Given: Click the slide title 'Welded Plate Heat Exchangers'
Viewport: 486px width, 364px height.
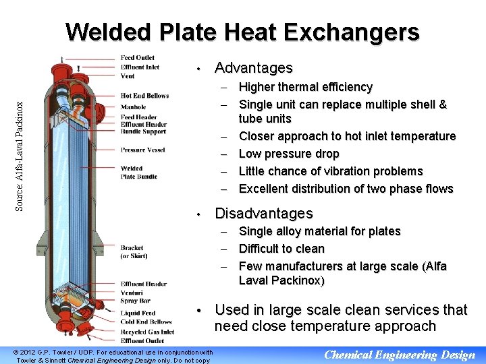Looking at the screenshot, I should [x=243, y=32].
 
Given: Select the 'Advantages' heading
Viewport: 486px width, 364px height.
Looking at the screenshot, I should [x=253, y=68].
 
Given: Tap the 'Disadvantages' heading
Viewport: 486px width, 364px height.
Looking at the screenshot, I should [x=263, y=214].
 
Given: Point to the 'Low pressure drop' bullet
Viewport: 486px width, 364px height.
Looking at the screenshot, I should [x=289, y=154].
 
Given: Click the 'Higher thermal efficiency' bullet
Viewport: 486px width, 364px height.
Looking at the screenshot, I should [x=306, y=87].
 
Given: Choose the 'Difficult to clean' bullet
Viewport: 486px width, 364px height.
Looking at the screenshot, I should [x=281, y=249].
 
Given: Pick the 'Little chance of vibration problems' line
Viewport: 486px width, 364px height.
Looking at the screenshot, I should [x=331, y=171].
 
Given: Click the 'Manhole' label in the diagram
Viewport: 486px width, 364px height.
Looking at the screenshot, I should [x=133, y=107].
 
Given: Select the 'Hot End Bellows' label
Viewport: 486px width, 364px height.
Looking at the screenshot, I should [x=144, y=96].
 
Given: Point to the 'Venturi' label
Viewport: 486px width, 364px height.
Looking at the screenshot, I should [x=132, y=293].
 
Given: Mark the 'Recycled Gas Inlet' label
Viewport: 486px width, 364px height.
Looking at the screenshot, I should [x=147, y=332].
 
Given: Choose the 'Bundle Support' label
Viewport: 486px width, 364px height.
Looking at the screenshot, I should [x=144, y=132].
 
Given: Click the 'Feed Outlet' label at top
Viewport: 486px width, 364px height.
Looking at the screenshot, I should [x=137, y=57].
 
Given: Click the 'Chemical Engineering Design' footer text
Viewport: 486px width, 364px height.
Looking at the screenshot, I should [x=400, y=355].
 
